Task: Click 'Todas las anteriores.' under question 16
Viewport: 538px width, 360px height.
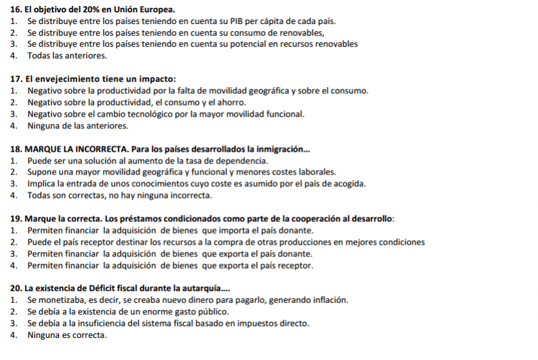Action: pos(67,56)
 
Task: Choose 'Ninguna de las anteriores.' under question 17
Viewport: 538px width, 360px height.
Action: pos(78,126)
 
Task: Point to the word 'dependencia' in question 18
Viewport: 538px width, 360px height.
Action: pos(242,161)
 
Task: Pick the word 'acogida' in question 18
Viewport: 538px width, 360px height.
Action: pos(350,184)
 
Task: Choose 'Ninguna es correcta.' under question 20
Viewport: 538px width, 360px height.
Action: pos(67,335)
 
